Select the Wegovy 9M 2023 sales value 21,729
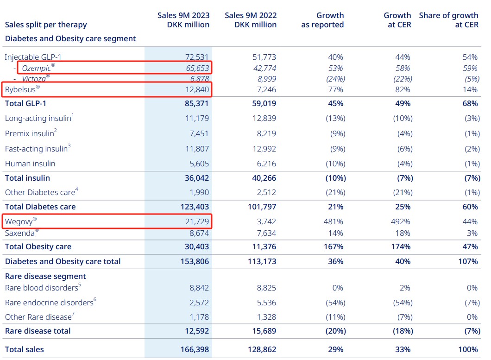pos(197,221)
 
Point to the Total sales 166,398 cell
pos(195,349)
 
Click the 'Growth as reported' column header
pos(322,20)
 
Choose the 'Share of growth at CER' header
pos(448,20)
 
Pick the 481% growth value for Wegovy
pos(333,221)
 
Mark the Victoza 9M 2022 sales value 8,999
pos(267,79)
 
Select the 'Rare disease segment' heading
pos(45,276)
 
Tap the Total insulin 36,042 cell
pos(197,178)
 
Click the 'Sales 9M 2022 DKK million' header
pos(251,20)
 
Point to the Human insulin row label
pos(30,164)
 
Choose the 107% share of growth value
pos(468,261)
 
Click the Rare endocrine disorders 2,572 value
pos(199,303)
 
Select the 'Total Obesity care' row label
pos(38,246)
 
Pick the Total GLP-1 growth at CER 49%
pos(403,103)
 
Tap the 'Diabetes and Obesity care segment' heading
pos(70,38)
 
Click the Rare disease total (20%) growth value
pos(336,331)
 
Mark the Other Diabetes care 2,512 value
pos(266,192)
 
